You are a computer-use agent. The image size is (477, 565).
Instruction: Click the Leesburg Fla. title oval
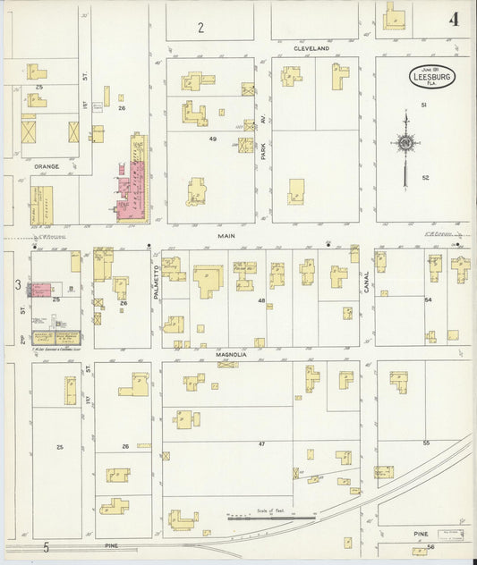[x=432, y=76]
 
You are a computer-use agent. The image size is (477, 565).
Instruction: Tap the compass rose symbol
[x=405, y=143]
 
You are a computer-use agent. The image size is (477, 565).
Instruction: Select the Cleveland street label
[x=312, y=48]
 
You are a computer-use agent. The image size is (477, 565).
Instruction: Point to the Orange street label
[x=47, y=166]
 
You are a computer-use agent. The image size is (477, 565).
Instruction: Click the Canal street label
[x=366, y=282]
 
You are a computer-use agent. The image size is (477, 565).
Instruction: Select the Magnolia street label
[x=230, y=355]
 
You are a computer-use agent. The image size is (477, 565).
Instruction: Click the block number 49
[x=213, y=139]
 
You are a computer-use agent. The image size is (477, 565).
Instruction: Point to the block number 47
[x=262, y=443]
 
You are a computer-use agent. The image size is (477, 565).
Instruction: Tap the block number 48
[x=262, y=300]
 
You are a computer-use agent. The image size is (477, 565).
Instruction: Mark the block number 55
[x=426, y=443]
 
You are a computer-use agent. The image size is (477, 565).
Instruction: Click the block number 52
[x=426, y=178]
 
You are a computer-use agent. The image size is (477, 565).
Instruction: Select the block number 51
[x=424, y=106]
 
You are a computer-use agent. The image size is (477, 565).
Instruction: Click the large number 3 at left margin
[x=17, y=285]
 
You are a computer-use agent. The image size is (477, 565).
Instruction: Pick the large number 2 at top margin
[x=201, y=28]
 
